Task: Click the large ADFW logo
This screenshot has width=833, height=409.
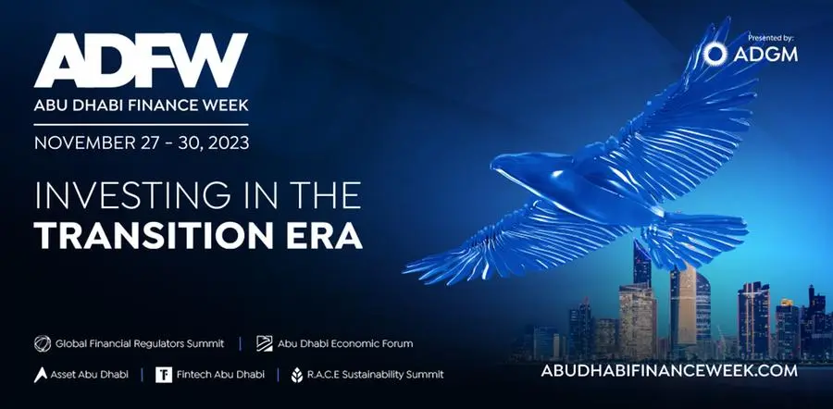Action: tap(141, 60)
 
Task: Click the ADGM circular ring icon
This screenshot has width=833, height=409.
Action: tap(715, 55)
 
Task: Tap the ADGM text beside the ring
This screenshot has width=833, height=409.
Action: tap(765, 55)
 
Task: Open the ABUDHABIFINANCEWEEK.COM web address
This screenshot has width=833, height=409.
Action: tap(669, 370)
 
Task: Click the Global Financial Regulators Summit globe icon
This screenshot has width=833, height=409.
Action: tap(43, 343)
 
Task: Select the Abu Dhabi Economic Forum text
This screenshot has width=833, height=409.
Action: tap(345, 343)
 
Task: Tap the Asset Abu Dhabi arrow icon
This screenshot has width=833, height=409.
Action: tap(41, 375)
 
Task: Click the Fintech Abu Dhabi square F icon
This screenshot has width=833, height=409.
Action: tap(164, 375)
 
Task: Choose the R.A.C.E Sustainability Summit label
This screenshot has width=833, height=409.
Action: tap(375, 375)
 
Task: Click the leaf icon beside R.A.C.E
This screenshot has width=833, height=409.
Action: tap(297, 375)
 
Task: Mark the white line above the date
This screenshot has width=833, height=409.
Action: tap(141, 125)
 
